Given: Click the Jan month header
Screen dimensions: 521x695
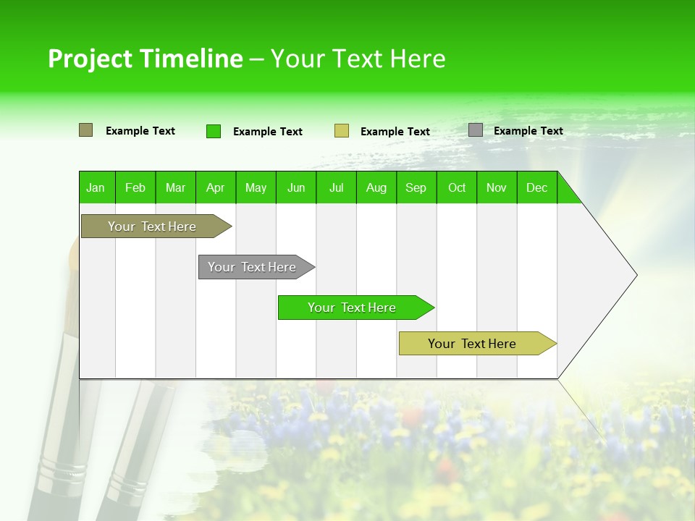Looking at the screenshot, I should (96, 187).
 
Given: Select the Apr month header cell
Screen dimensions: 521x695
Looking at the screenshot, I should (215, 187).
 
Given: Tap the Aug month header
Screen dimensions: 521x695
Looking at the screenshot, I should (376, 187).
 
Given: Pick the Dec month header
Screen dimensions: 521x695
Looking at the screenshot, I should (536, 187).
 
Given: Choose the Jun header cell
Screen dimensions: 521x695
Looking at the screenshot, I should (295, 187).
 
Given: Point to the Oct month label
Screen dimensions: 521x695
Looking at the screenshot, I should (456, 187).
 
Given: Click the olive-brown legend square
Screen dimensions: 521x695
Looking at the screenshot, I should (85, 130).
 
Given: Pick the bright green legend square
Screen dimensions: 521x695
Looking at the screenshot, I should (213, 131).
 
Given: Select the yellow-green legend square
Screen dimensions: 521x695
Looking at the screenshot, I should (341, 131).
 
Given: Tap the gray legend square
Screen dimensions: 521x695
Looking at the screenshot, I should (475, 130).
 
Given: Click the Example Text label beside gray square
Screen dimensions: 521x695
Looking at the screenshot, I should (528, 131).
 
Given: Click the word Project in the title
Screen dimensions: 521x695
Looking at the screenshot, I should (90, 59).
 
